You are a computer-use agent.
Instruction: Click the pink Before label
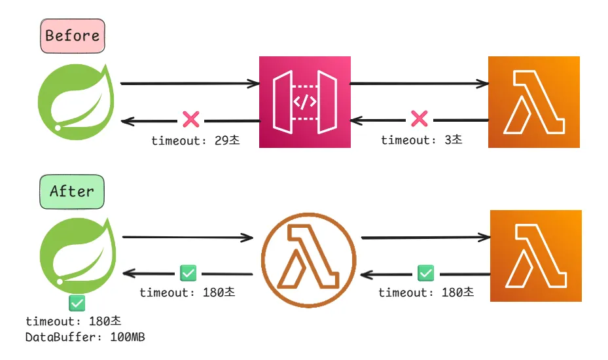point(73,35)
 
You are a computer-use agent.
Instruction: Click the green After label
point(72,191)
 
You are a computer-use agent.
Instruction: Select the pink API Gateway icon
point(304,102)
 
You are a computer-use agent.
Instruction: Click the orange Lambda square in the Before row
point(533,102)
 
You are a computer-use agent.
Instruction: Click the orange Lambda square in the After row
point(535,256)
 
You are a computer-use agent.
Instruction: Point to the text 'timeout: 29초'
point(195,141)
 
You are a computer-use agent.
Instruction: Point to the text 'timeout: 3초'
point(421,140)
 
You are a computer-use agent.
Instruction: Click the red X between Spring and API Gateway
point(191,120)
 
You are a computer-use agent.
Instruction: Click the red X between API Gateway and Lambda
point(419,119)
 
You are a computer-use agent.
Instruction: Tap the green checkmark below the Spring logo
point(77,303)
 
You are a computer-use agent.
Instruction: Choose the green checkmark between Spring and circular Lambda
point(188,272)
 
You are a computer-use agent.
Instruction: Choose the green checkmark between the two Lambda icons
point(425,272)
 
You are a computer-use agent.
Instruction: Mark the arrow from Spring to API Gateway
point(190,84)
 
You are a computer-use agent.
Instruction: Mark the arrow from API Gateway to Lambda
point(419,84)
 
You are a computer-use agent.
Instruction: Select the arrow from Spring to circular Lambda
point(187,237)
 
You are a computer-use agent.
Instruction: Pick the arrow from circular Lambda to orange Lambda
point(425,238)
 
